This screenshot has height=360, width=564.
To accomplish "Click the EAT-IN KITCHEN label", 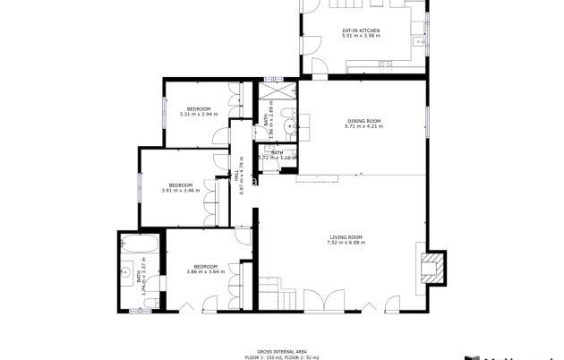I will [x=361, y=30].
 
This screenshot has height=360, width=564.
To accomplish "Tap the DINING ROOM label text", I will [x=363, y=121].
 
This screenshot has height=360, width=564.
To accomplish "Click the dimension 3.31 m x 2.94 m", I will [x=199, y=114].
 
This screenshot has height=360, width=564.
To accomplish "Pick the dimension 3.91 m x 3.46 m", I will [x=181, y=190].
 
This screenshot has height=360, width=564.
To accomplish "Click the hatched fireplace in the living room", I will [x=432, y=267].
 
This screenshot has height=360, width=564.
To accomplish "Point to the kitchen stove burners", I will [x=385, y=64].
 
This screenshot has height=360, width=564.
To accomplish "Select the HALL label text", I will [x=237, y=178].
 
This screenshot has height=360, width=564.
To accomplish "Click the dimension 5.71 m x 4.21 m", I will [x=363, y=126].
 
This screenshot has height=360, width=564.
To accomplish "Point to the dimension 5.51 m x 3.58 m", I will [x=361, y=36].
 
